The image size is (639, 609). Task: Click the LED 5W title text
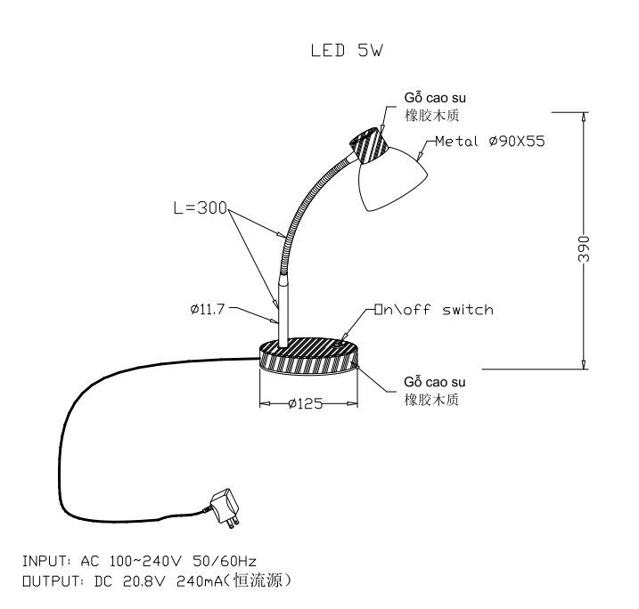pos(347,51)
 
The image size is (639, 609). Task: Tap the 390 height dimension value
pos(584,248)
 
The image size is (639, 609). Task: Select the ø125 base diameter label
pos(305,403)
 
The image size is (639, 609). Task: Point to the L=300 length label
pos(201,208)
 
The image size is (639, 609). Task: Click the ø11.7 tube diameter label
pos(208,309)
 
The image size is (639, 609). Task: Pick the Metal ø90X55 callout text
pos(490,142)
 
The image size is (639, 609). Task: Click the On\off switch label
pos(434,310)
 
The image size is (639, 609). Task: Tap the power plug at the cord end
pos(225,508)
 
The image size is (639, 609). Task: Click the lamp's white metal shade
pos(392,179)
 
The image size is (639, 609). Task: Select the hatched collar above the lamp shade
pos(369,145)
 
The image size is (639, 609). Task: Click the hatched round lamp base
pos(309,355)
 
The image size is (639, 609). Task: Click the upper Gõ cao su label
pos(435,98)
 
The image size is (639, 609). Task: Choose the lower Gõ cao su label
pos(434,382)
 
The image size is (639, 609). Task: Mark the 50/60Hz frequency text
pos(225,562)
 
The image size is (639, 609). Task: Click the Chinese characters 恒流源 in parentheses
pos(258,581)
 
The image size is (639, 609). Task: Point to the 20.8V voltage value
pos(144,581)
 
